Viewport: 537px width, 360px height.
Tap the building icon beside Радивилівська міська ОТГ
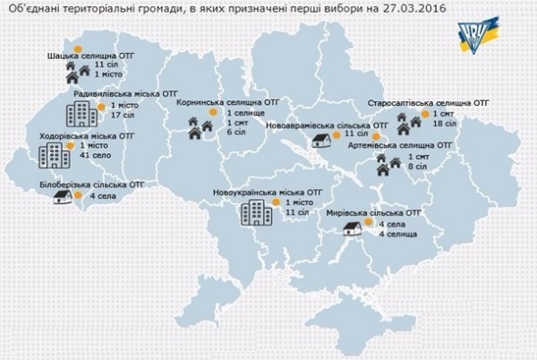(x=82, y=113)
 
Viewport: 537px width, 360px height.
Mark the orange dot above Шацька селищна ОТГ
(x=77, y=47)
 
